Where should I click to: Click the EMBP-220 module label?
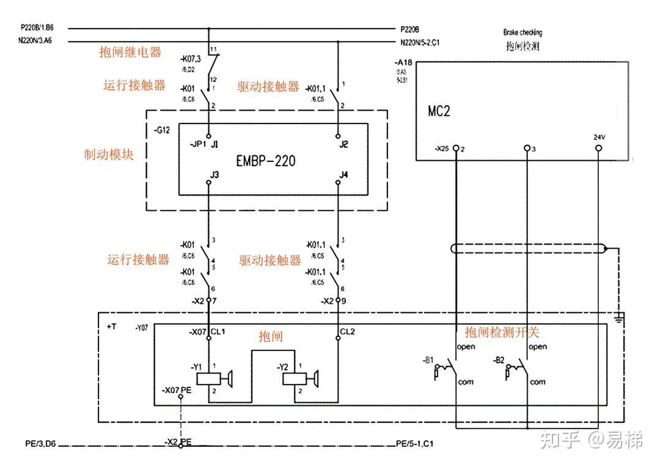[x=265, y=161]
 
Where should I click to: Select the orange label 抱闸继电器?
[x=130, y=53]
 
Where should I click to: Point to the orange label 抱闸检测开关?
[x=502, y=332]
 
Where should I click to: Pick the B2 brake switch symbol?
[x=518, y=370]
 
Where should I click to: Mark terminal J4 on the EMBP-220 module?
[x=338, y=182]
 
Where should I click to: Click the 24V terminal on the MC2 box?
[x=599, y=148]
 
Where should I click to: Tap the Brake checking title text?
[x=522, y=32]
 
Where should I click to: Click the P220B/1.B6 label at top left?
[x=37, y=28]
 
